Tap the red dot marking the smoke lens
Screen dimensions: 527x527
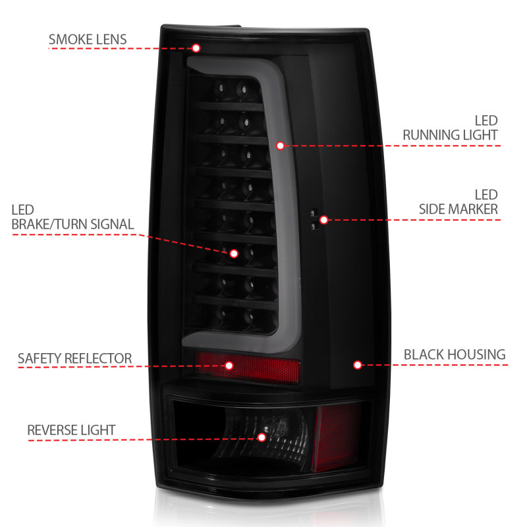196,47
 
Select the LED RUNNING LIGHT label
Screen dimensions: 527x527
451,128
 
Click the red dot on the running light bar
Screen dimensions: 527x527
280,145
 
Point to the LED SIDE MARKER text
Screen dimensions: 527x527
459,202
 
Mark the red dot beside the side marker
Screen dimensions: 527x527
323,219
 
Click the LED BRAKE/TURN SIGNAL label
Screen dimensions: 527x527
72,217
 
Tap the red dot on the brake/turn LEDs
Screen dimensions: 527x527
233,252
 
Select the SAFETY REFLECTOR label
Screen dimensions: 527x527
74,359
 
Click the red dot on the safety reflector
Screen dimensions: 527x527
229,365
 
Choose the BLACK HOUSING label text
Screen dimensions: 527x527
455,354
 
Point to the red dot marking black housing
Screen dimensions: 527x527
357,364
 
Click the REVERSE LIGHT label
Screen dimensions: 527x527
71,430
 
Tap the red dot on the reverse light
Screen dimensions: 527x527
262,437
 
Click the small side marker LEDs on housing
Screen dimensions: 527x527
316,219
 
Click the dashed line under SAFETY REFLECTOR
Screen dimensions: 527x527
99,368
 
